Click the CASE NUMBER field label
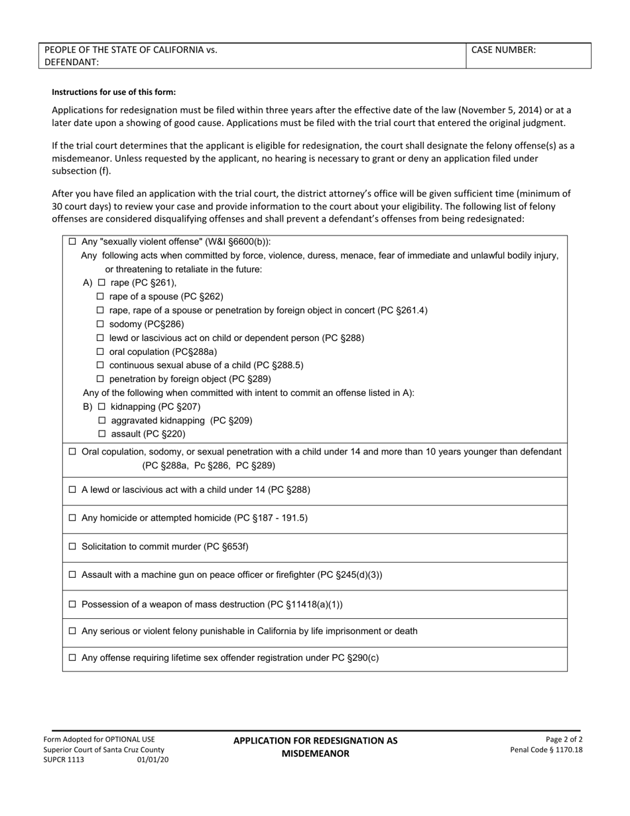pos(503,50)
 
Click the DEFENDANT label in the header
pos(72,62)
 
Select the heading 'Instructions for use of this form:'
pos(114,92)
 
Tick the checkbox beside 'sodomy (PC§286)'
pos(101,324)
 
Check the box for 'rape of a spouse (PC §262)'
pos(101,297)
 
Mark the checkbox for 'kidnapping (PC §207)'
pos(102,407)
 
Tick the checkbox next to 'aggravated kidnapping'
pos(102,421)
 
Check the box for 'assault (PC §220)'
pos(102,435)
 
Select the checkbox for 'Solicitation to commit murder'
pos(73,547)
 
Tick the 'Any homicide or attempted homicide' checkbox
pos(73,518)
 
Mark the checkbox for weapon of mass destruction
pos(73,604)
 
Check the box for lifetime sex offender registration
pos(73,659)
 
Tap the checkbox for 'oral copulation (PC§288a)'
pos(101,352)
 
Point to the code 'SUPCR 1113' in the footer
pos(64,760)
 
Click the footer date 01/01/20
pos(153,760)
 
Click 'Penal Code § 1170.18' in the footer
pos(546,750)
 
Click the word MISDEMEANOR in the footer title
pos(315,754)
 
